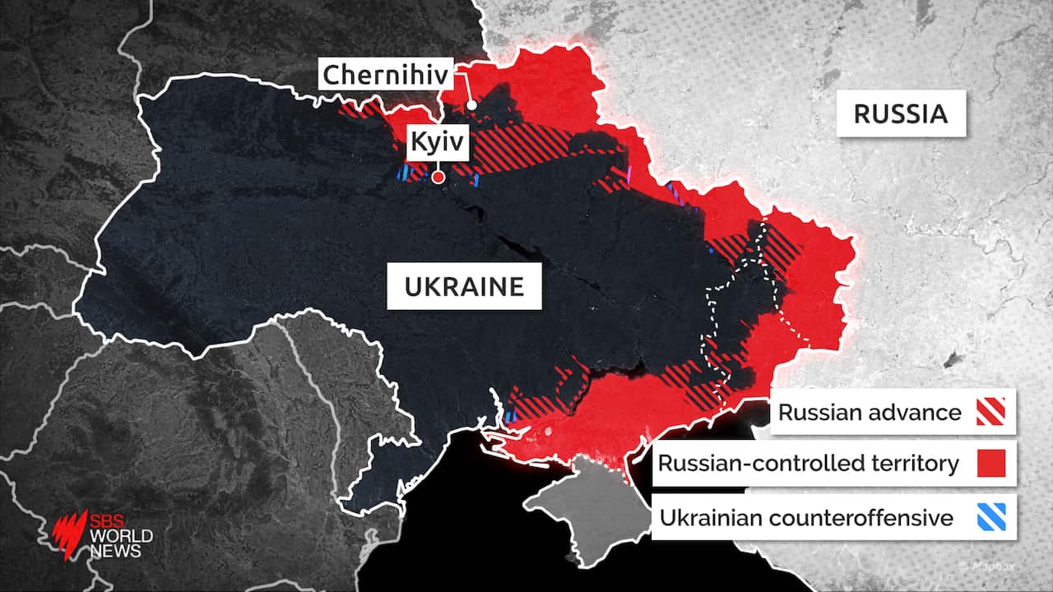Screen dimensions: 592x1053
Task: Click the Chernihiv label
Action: pyautogui.click(x=386, y=75)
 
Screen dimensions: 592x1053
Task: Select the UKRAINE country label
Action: pyautogui.click(x=464, y=286)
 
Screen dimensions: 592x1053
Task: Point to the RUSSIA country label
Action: pyautogui.click(x=901, y=113)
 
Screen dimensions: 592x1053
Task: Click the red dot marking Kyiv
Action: pyautogui.click(x=438, y=177)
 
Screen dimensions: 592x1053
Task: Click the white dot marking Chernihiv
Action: pyautogui.click(x=471, y=105)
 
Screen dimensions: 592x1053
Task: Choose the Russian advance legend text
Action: pyautogui.click(x=869, y=412)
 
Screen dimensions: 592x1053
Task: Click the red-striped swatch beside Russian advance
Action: pyautogui.click(x=992, y=412)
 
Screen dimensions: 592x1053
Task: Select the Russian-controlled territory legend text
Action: pyautogui.click(x=808, y=464)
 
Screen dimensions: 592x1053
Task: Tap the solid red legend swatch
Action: pyautogui.click(x=992, y=464)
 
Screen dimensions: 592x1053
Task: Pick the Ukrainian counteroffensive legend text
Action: pyautogui.click(x=806, y=518)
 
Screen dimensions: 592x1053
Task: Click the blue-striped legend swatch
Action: pyautogui.click(x=992, y=518)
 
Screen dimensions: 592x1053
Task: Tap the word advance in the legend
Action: pyautogui.click(x=919, y=412)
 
